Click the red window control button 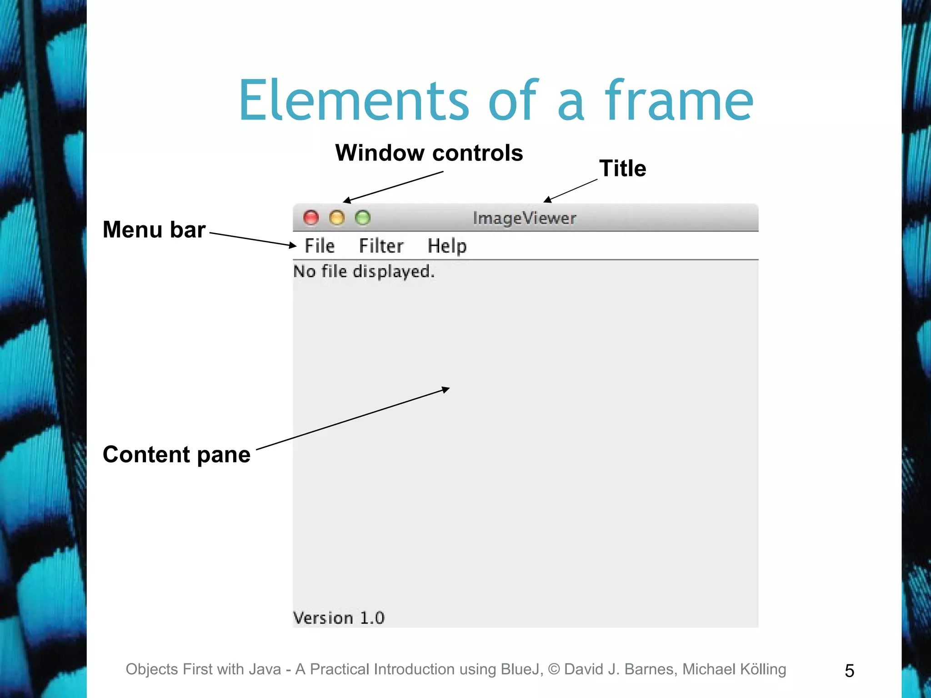[311, 218]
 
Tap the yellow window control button [337, 218]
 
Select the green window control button [363, 218]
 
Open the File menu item [320, 246]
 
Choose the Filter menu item [381, 246]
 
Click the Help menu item [447, 246]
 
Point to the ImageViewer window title [524, 219]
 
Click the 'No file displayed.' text [364, 271]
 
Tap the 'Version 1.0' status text [339, 618]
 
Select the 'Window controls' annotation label [429, 153]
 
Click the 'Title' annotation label [622, 169]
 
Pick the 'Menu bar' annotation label [154, 229]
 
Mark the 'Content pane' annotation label [176, 454]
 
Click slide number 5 [849, 671]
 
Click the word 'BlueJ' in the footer [521, 669]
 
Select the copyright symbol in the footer [554, 669]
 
